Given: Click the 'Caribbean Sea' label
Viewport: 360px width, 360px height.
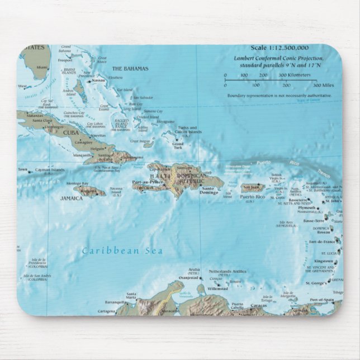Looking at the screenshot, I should [122, 251].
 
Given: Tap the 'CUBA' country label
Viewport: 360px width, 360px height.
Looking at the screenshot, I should [70, 132].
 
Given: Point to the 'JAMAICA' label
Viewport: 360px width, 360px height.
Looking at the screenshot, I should [72, 198].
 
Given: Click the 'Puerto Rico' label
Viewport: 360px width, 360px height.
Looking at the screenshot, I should [252, 197].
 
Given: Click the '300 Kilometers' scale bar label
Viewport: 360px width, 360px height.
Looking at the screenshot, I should [291, 75].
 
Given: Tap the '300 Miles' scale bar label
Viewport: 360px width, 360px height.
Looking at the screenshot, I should [323, 86].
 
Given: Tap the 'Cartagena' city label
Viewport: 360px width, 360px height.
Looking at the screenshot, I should [106, 311].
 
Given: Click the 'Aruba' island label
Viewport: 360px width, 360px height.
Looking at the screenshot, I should [194, 269].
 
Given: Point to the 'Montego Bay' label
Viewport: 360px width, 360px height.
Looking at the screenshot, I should [77, 183].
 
